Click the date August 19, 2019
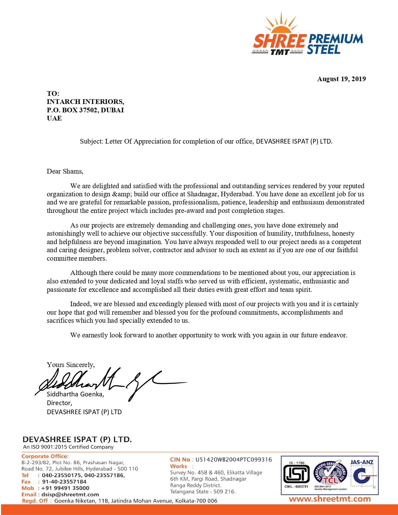[341, 79]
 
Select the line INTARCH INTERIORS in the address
[85, 102]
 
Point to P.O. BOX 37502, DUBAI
[85, 110]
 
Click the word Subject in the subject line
[91, 141]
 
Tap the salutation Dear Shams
[65, 171]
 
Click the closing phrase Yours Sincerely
[71, 365]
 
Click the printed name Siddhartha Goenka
[75, 394]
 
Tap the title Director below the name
[59, 403]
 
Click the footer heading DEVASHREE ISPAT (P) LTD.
[77, 439]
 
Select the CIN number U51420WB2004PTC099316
[233, 459]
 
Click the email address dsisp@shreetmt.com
[70, 494]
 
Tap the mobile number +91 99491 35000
[65, 488]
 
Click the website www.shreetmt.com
[330, 499]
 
